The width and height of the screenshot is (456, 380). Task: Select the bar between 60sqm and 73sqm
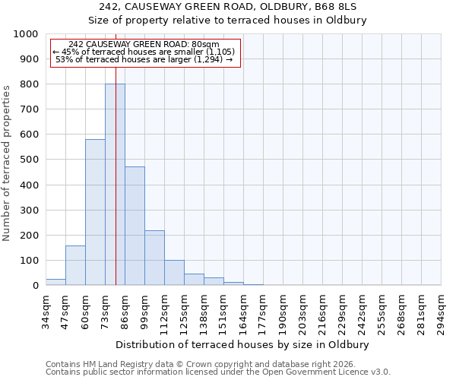95,212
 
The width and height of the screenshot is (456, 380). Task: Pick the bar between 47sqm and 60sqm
75,265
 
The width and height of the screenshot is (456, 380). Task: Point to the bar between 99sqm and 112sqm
154,258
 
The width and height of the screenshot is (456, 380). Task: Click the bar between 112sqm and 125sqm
174,272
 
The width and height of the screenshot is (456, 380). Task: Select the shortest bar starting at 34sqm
55,282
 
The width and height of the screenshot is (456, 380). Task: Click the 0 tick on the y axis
35,286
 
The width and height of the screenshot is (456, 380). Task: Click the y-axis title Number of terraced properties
7,163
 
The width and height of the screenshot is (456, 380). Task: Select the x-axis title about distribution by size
243,344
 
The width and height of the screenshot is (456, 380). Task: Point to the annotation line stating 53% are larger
144,59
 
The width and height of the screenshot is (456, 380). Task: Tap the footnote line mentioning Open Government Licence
218,372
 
